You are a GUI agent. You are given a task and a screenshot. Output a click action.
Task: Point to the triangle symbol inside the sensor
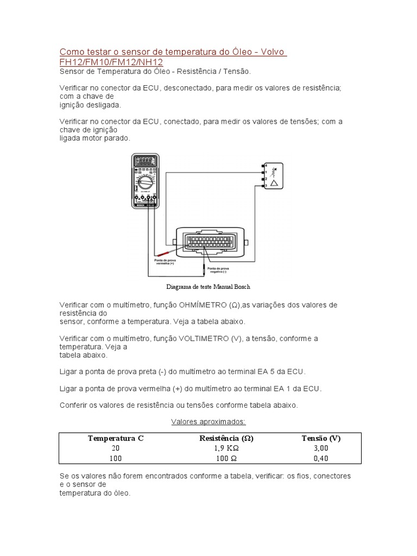(x=275, y=183)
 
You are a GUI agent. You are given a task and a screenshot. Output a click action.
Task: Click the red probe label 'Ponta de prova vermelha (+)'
(x=165, y=262)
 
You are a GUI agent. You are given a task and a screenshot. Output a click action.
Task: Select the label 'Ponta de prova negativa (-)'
(x=218, y=270)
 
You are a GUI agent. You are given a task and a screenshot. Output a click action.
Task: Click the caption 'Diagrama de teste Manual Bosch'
(x=208, y=286)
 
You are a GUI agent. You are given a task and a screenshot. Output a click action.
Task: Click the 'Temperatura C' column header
(x=116, y=438)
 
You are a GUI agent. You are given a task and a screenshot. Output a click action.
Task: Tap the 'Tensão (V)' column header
(x=321, y=438)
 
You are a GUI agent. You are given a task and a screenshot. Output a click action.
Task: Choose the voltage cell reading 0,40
(x=321, y=459)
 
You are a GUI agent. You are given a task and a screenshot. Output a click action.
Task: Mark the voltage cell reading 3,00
(x=321, y=448)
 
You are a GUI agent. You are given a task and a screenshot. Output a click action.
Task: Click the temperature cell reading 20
(x=116, y=448)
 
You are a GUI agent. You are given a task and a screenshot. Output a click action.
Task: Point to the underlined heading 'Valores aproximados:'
(x=208, y=421)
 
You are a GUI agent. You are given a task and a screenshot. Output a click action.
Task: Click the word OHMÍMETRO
(x=195, y=305)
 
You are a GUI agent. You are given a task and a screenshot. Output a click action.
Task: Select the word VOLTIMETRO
(x=203, y=338)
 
